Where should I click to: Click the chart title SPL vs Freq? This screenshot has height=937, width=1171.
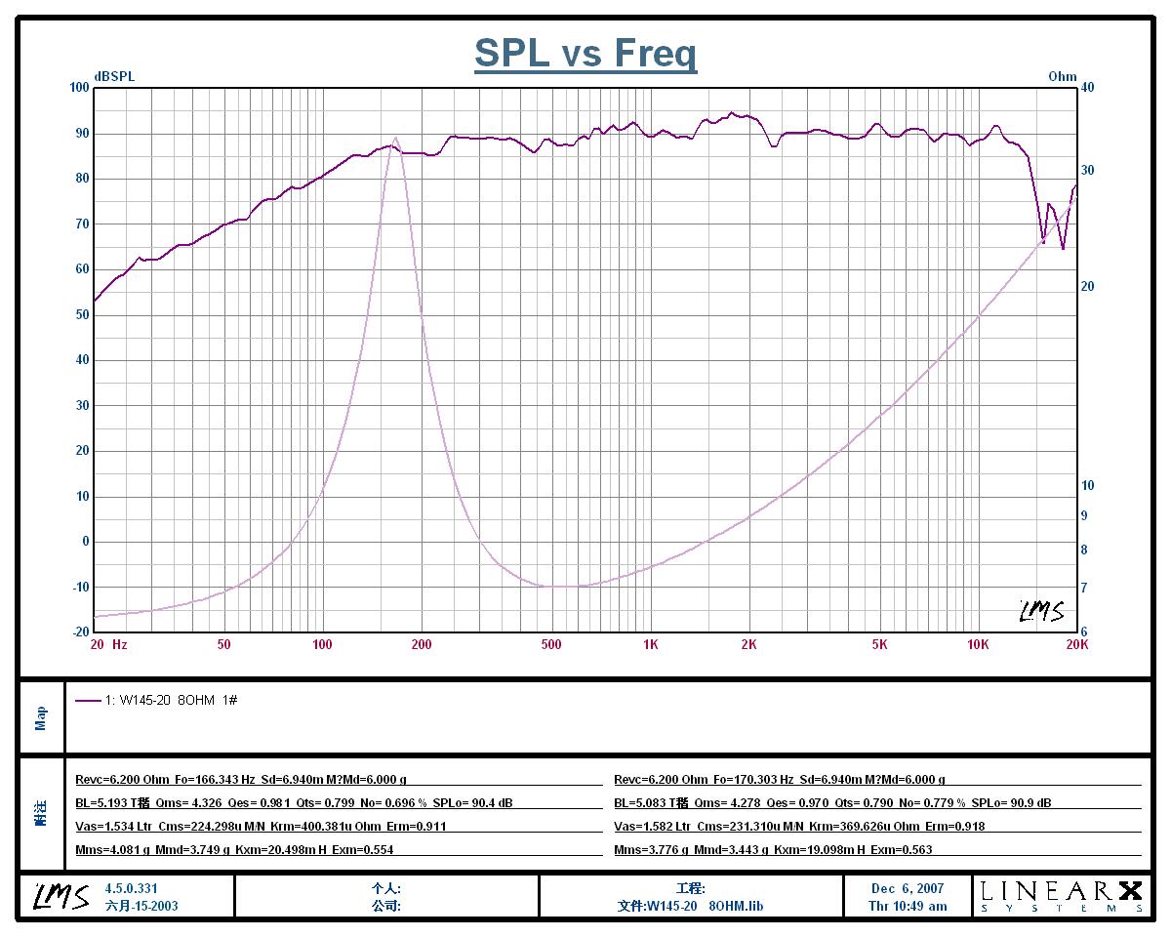tap(585, 53)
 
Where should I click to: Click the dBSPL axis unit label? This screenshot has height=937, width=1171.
tap(114, 76)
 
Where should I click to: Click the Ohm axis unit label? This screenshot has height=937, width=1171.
tap(1063, 76)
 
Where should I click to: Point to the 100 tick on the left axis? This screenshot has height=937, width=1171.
tap(78, 88)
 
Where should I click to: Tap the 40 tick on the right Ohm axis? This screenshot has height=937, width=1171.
tap(1088, 88)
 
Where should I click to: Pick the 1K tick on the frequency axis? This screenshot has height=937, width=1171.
tap(650, 644)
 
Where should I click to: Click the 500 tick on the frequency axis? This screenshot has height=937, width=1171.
tap(551, 644)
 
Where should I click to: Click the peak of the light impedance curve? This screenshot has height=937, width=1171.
tap(395, 138)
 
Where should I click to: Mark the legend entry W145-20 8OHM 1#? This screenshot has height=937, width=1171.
tap(171, 700)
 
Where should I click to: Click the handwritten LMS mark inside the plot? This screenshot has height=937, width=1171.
tap(1041, 611)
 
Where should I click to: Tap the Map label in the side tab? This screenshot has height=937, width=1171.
tap(41, 718)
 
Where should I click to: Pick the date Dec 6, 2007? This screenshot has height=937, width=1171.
tap(908, 888)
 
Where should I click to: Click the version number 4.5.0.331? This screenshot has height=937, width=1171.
tap(131, 888)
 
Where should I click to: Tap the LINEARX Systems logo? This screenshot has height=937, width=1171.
tap(1060, 895)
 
